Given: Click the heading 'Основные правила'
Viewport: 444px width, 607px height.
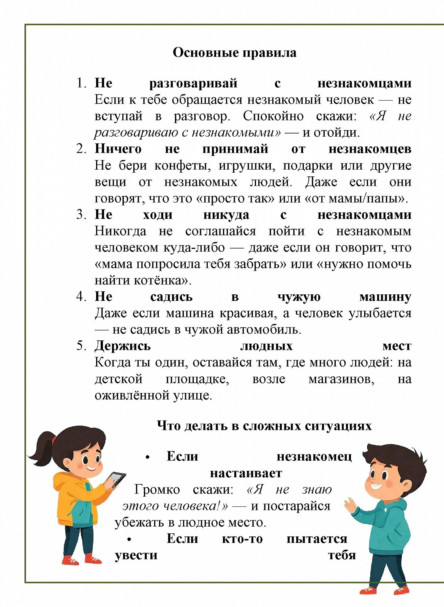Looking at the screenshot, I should tap(234, 52).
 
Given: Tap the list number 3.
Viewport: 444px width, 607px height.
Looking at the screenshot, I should tap(81, 214).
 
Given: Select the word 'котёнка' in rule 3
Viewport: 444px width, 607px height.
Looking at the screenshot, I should tap(161, 280).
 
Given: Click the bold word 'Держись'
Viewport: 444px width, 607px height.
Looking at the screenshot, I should tap(122, 346).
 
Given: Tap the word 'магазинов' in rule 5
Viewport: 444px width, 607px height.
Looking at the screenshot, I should tap(341, 379).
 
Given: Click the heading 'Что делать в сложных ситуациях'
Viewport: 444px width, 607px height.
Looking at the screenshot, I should tap(264, 426).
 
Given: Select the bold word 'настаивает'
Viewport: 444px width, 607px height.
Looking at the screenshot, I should tap(246, 473).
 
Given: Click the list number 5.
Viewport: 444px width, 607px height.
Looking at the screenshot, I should tap(81, 346).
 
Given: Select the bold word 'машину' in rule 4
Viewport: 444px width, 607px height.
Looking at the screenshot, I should tap(385, 297).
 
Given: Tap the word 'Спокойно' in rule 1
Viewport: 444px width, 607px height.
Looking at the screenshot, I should tap(273, 116).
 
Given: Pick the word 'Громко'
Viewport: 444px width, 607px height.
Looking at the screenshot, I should tap(157, 489).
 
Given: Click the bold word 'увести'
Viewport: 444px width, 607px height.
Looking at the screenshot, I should tap(136, 555).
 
